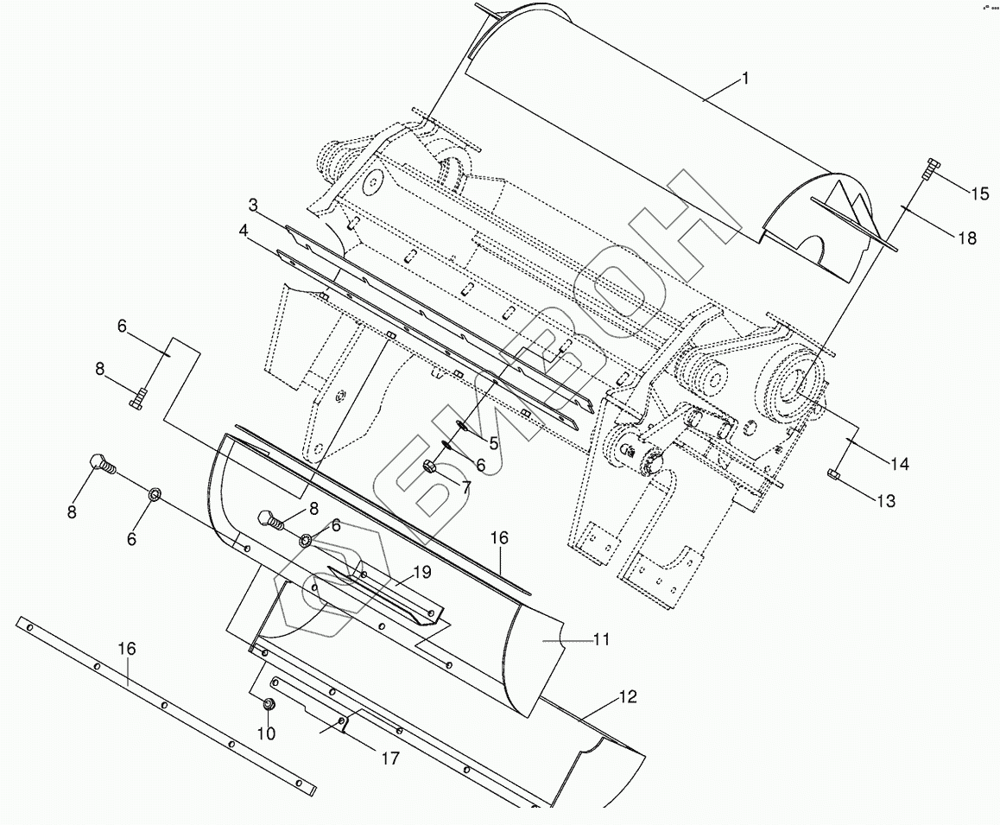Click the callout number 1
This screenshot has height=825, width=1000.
(x=744, y=79)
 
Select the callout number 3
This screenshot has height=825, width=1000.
(x=253, y=205)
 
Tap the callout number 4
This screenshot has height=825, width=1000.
(x=244, y=231)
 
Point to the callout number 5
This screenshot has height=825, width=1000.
(x=493, y=443)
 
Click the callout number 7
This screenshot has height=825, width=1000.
(x=466, y=487)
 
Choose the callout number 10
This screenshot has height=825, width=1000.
(x=266, y=733)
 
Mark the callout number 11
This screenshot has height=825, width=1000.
(x=602, y=639)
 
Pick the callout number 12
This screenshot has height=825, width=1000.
(x=628, y=696)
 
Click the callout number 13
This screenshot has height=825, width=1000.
(x=885, y=500)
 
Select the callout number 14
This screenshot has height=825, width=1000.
(x=900, y=464)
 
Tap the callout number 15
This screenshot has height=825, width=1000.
(x=979, y=194)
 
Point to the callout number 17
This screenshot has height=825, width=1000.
(x=389, y=758)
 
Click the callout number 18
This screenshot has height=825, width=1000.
(x=967, y=238)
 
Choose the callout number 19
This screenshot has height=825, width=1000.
(x=421, y=571)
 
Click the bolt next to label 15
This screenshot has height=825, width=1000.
(x=929, y=168)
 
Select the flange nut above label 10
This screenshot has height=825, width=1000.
(x=269, y=705)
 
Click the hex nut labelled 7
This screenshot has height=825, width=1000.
(x=429, y=469)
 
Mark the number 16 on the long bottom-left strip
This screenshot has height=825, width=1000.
(x=127, y=648)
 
